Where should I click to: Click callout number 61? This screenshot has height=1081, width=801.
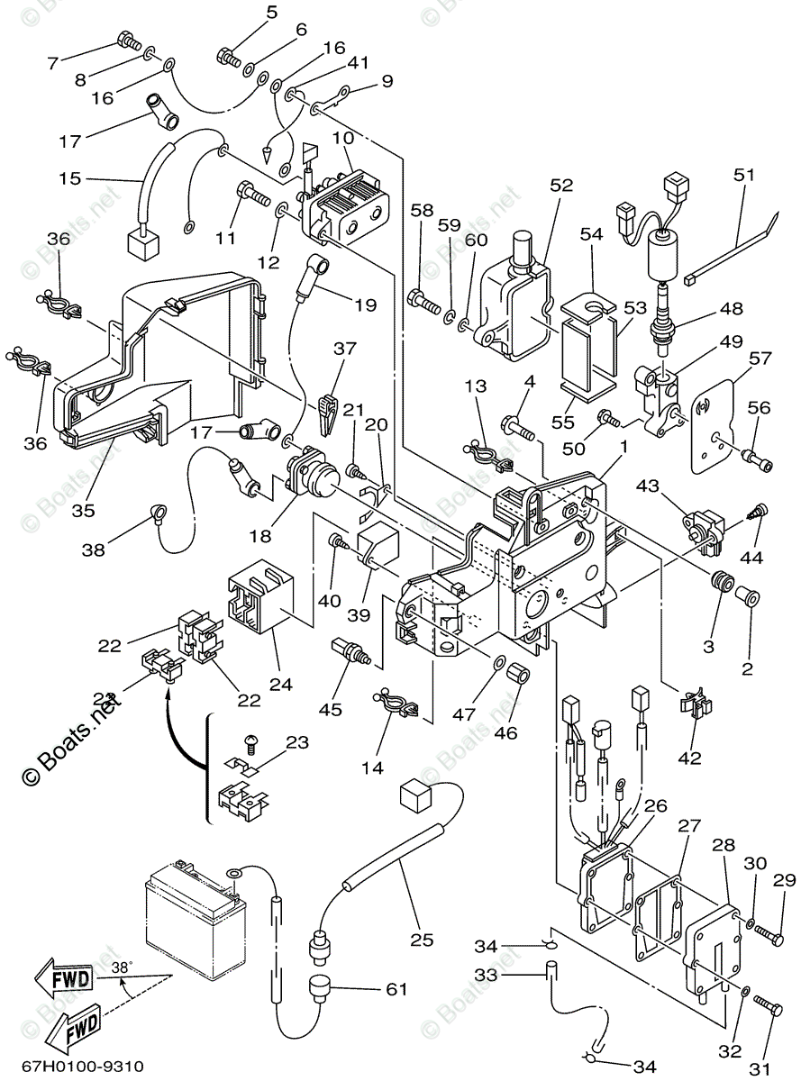click(x=397, y=989)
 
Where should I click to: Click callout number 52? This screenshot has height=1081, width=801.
click(x=561, y=186)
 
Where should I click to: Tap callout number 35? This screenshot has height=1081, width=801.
click(x=83, y=510)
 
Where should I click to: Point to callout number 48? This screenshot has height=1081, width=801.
click(x=731, y=308)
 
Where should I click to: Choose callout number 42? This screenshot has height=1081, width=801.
click(x=689, y=758)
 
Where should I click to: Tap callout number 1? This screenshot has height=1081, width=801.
click(x=624, y=445)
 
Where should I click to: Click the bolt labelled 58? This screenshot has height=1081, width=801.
click(x=421, y=297)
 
